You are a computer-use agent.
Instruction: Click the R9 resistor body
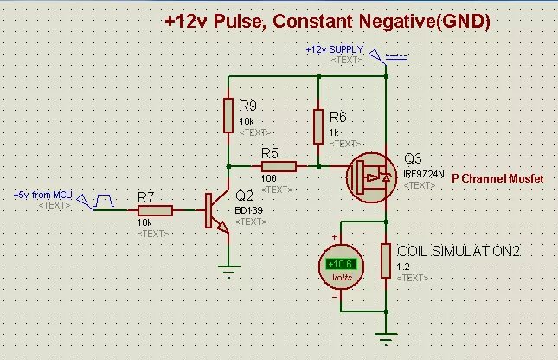coord(228,114)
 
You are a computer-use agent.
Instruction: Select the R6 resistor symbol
coord(319,125)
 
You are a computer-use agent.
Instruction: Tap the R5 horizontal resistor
coord(279,165)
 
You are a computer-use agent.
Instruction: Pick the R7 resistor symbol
coord(155,210)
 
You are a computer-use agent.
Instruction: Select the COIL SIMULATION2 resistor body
coord(386,262)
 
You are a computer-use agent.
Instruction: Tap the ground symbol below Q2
coord(228,270)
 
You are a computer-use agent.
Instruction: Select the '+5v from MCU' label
coord(42,196)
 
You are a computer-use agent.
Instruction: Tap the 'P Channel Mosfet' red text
coord(498,177)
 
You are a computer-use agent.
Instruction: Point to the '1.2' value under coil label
coord(403,266)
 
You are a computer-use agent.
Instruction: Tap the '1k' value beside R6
coord(334,132)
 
